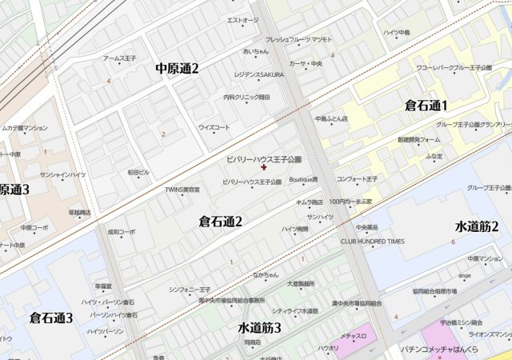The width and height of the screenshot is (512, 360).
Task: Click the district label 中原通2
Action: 177,69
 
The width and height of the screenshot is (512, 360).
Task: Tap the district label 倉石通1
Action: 426,105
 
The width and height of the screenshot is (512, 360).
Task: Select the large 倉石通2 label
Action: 220,222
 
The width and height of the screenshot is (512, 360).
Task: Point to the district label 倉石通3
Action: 51,318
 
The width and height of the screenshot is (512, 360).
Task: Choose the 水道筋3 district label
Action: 259,327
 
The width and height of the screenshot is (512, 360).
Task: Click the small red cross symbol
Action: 265,167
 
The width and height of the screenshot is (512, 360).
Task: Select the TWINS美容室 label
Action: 182,190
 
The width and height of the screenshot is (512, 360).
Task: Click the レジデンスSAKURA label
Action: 258,74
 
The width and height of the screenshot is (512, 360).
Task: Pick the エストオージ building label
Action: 243,20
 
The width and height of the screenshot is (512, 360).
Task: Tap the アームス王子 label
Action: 120,58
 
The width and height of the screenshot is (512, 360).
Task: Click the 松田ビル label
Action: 138,172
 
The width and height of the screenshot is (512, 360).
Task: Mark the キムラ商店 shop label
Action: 310,202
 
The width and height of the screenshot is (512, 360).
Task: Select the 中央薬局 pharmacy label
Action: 367,227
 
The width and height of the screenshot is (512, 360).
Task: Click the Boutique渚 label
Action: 304,179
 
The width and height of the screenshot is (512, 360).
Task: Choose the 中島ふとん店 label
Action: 331,118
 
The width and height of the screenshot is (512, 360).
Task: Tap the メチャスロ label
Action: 353,336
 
